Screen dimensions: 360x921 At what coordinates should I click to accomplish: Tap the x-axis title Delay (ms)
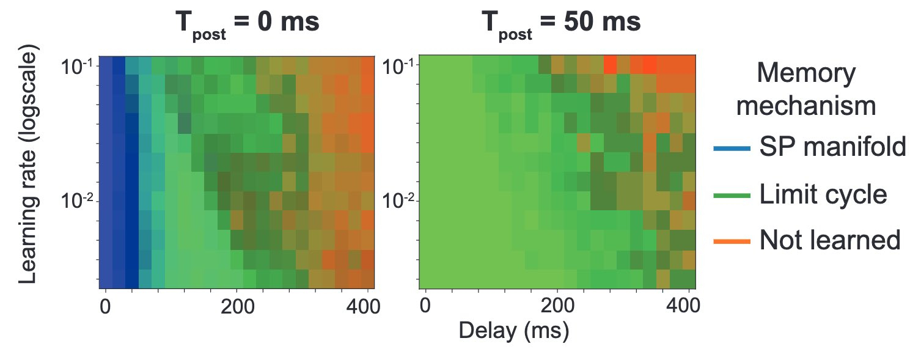(514, 331)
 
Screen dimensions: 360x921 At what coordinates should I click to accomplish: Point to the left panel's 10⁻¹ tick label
(78, 65)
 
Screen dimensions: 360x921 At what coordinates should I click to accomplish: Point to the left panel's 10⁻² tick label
(78, 200)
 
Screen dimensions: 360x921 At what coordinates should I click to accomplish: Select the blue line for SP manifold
(732, 149)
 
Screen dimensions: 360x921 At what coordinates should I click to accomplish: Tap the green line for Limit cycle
(732, 195)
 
